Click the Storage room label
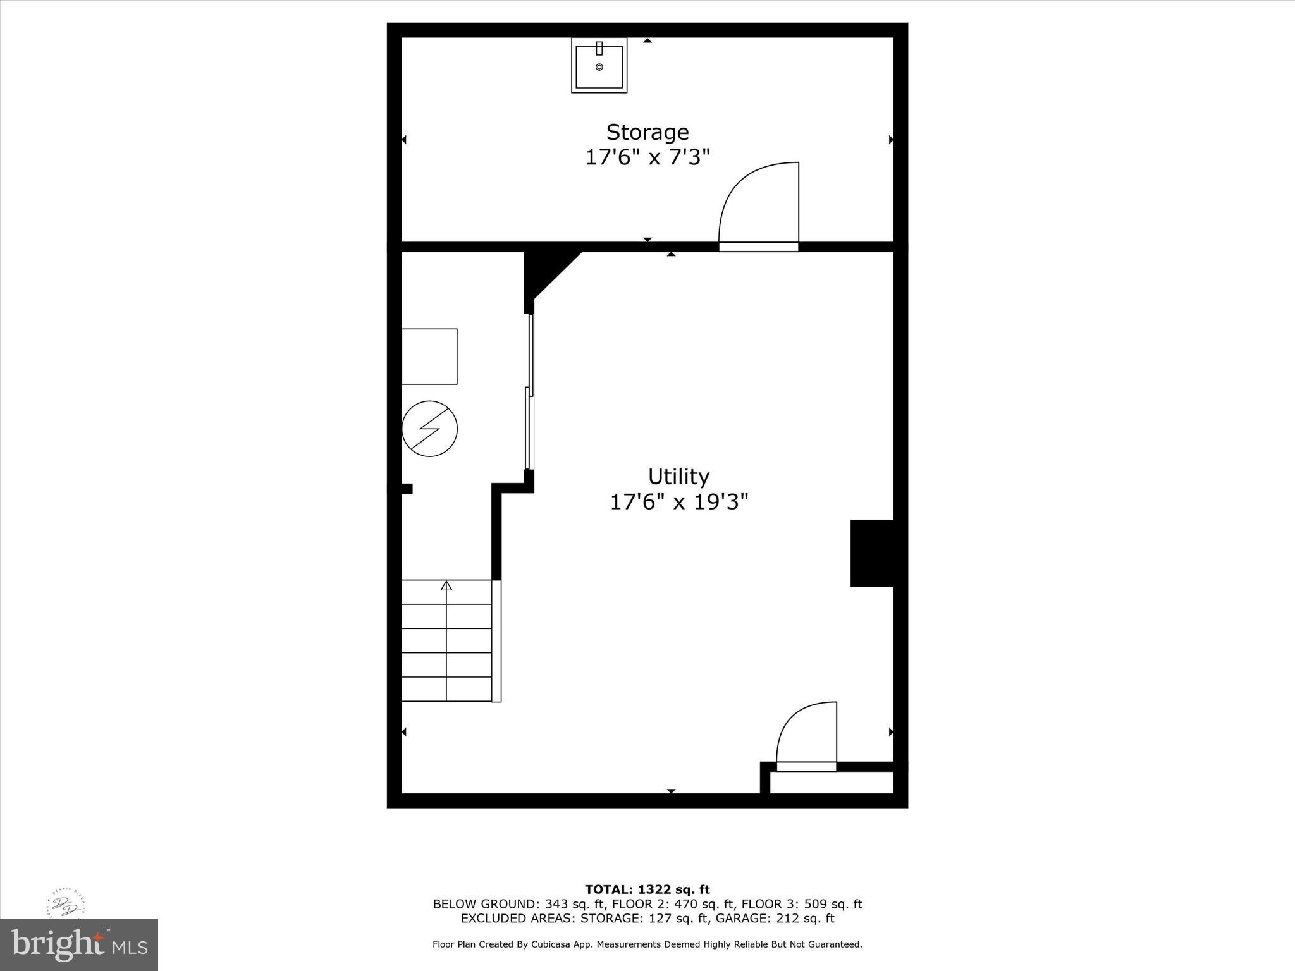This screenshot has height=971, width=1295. [647, 132]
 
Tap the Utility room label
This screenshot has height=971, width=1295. [678, 476]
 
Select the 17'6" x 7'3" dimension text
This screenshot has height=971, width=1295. [647, 157]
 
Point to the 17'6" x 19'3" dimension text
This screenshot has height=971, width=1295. [678, 502]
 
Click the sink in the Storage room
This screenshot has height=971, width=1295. [599, 65]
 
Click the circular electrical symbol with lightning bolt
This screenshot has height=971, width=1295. [430, 429]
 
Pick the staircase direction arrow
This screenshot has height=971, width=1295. [446, 585]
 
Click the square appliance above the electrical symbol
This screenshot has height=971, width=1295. [429, 356]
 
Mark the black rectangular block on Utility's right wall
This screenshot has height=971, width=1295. [871, 553]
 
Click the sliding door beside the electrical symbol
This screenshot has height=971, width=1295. [530, 392]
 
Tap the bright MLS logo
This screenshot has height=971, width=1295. [79, 944]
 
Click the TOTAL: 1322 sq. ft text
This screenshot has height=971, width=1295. [647, 889]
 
